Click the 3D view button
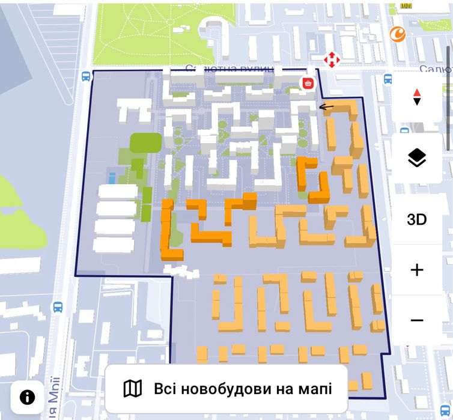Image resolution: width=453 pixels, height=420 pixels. (416, 219)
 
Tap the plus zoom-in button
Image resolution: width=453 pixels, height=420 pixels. (416, 270)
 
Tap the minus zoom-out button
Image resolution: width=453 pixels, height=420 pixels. (416, 320)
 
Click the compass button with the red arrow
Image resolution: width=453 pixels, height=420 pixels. (416, 97)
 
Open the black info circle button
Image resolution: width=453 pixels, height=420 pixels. (27, 397)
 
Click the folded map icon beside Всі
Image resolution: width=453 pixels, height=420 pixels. (132, 389)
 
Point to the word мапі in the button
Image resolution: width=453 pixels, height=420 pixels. (315, 389)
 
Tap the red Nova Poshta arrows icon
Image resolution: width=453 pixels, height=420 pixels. (330, 59)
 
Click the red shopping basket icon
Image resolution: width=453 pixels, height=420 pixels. (308, 84)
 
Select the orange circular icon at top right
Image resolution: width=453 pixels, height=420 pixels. (397, 34)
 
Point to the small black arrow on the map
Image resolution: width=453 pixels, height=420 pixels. (326, 107)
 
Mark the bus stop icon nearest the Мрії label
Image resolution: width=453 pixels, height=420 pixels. (58, 307)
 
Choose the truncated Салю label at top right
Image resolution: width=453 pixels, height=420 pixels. (435, 70)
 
